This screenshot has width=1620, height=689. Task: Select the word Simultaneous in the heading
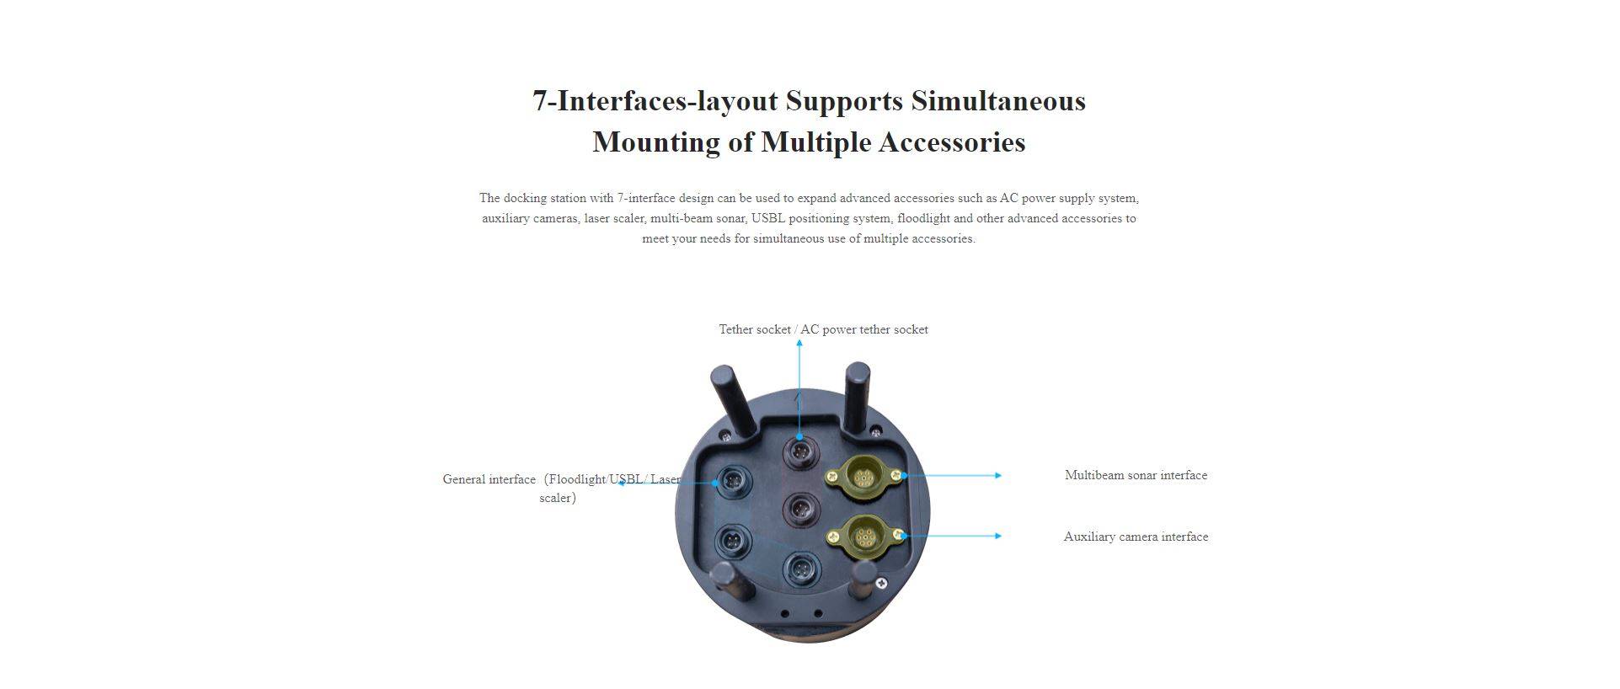998,101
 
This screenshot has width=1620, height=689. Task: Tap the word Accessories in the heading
952,142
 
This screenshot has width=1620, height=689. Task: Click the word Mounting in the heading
656,142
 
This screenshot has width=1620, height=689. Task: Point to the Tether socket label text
755,329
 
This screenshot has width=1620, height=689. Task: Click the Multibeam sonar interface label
1136,475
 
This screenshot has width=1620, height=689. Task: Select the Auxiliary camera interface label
1136,537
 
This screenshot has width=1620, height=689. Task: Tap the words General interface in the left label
489,479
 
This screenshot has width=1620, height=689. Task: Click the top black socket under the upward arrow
800,453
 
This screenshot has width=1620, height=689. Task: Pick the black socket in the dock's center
800,509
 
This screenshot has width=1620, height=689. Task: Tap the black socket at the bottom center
800,570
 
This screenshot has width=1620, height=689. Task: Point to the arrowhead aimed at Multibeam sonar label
998,476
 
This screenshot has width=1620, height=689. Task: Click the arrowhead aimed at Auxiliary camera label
998,536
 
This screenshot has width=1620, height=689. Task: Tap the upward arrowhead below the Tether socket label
799,343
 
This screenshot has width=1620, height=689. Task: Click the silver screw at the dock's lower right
881,583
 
